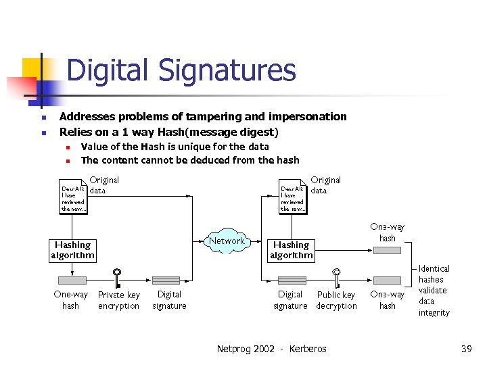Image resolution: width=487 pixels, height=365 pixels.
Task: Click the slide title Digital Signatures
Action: pyautogui.click(x=181, y=70)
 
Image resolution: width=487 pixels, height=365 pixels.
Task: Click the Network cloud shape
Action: pyautogui.click(x=227, y=241)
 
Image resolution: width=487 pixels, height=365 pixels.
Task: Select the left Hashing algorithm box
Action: pyautogui.click(x=72, y=250)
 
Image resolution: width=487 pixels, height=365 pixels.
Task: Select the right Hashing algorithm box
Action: pyautogui.click(x=291, y=250)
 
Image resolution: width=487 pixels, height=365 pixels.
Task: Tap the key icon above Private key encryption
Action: pyautogui.click(x=117, y=278)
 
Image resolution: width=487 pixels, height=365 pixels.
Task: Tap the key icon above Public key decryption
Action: pyautogui.click(x=335, y=278)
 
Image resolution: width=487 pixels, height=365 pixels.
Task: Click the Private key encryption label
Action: pyautogui.click(x=118, y=300)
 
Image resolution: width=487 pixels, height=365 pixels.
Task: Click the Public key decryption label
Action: pyautogui.click(x=336, y=300)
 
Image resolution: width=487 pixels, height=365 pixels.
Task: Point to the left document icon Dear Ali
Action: pyautogui.click(x=74, y=197)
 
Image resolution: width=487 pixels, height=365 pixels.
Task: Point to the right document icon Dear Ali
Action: pyautogui.click(x=293, y=197)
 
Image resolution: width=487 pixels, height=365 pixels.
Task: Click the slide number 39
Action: pyautogui.click(x=466, y=349)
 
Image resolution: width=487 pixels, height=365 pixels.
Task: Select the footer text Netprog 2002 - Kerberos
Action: pyautogui.click(x=271, y=349)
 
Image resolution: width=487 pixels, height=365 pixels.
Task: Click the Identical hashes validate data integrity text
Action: pyautogui.click(x=434, y=291)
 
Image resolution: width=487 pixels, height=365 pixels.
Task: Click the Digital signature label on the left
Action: pyautogui.click(x=168, y=300)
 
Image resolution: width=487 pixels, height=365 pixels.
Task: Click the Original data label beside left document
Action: pyautogui.click(x=103, y=185)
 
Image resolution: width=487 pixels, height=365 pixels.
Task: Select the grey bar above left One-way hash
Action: pyautogui.click(x=72, y=280)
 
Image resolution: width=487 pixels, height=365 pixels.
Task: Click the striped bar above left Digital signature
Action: pyautogui.click(x=166, y=280)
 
